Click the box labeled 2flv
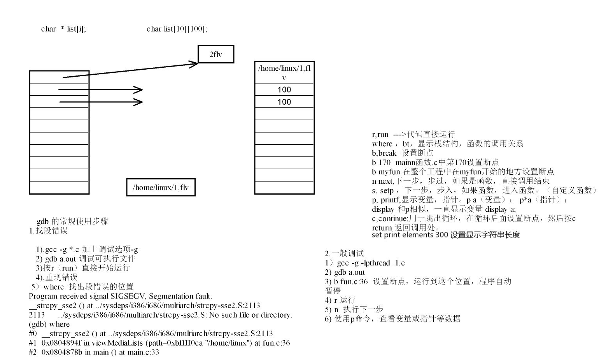[x=216, y=54]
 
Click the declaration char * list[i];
[x=63, y=29]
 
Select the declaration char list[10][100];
[x=177, y=29]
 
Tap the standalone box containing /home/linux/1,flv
[x=161, y=188]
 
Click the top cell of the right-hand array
[x=284, y=72]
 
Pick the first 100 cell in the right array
[x=284, y=90]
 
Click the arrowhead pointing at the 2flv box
[x=194, y=63]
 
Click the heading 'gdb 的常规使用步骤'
[x=72, y=221]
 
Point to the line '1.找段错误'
[x=48, y=230]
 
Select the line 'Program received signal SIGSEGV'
[x=120, y=296]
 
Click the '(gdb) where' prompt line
[x=49, y=324]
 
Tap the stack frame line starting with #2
[x=94, y=352]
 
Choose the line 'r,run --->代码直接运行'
[x=413, y=134]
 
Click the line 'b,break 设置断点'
[x=403, y=153]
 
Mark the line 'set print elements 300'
[x=446, y=235]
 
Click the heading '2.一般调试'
[x=344, y=253]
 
